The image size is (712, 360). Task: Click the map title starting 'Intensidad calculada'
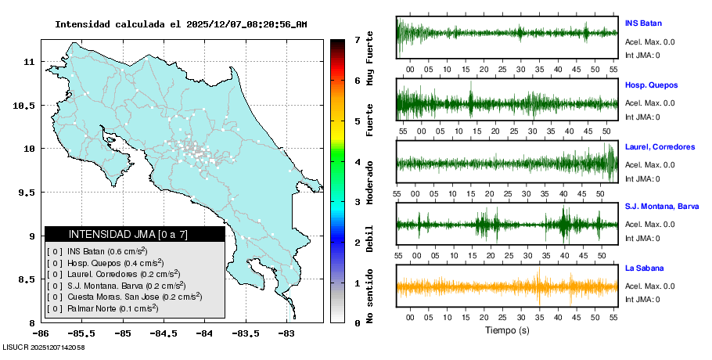click(181, 24)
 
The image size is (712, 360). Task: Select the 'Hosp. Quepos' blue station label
click(651, 85)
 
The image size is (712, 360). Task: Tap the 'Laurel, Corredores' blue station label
click(660, 146)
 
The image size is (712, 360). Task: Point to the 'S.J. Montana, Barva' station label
click(661, 207)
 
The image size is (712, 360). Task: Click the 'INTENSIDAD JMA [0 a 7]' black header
click(135, 234)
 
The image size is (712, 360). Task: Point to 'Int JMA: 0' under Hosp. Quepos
click(642, 117)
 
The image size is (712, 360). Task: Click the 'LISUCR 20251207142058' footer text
click(44, 347)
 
